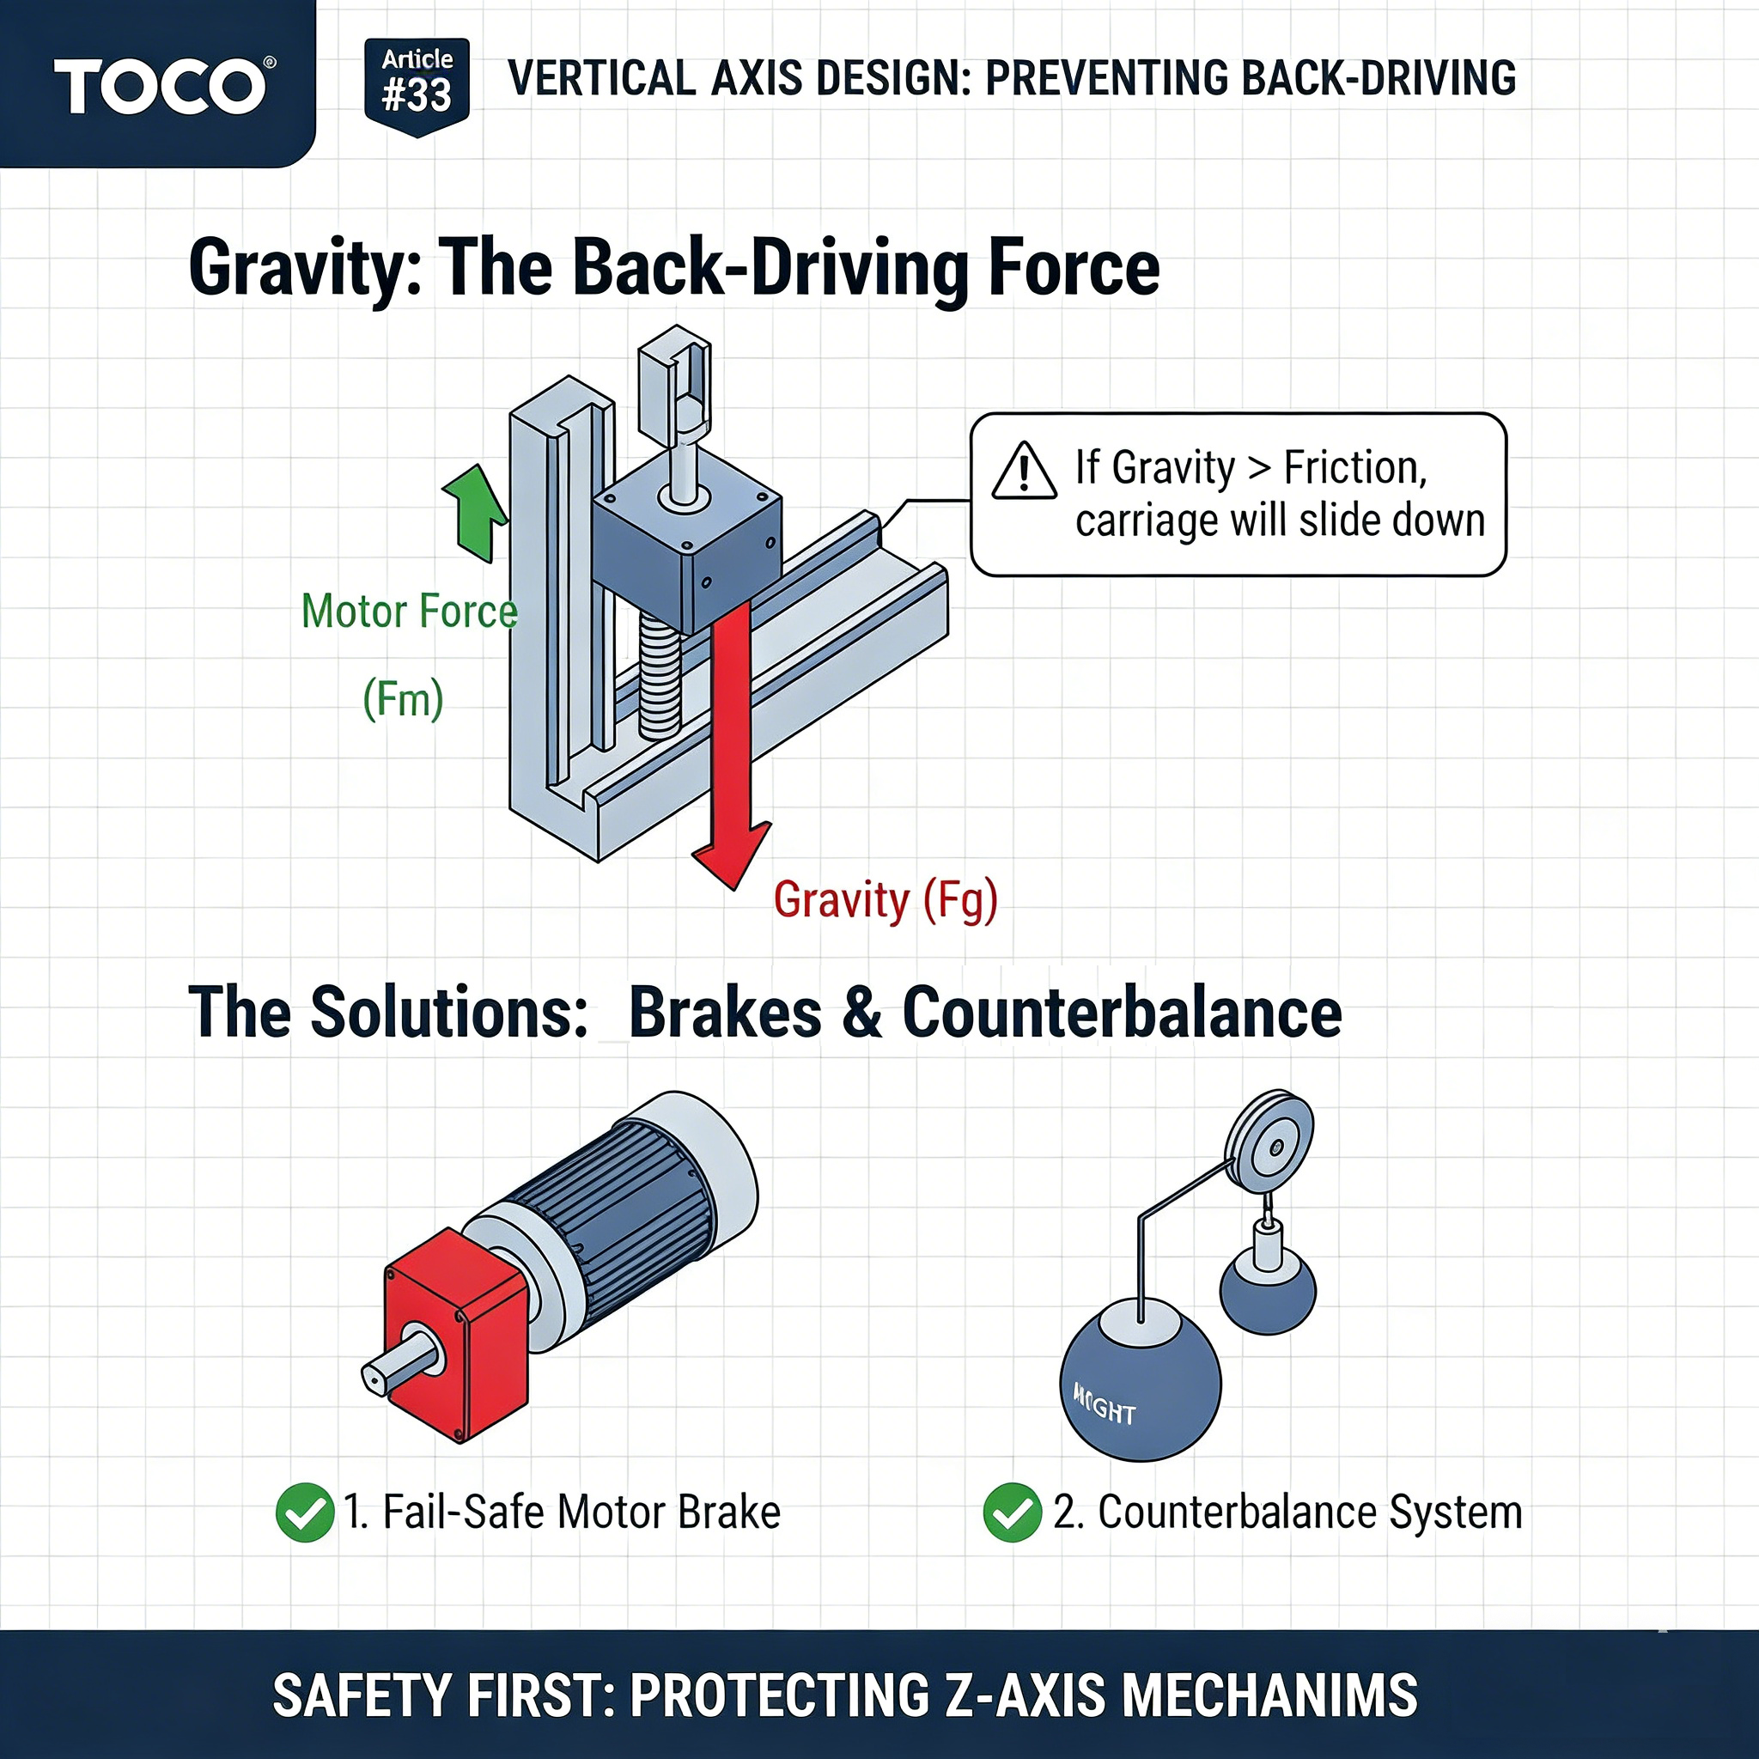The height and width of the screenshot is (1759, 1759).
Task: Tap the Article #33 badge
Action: [x=417, y=85]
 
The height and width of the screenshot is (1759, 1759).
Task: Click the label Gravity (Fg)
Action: [x=885, y=900]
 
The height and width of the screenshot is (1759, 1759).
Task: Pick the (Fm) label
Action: [x=403, y=699]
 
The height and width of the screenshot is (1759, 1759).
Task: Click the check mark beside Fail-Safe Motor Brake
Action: [x=304, y=1512]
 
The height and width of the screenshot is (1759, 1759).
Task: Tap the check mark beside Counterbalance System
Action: [x=1012, y=1512]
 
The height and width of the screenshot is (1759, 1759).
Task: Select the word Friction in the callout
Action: [x=1354, y=468]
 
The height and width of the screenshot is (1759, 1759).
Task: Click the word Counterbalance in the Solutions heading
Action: [x=1122, y=1013]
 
